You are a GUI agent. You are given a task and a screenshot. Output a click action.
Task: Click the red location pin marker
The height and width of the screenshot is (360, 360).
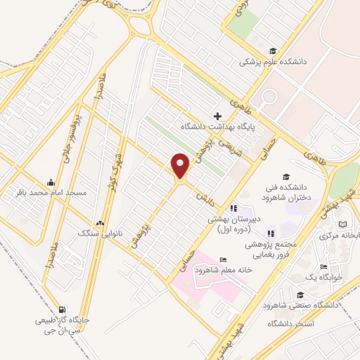181,166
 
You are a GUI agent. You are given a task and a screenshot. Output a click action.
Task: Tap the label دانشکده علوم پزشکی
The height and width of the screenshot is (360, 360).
274,62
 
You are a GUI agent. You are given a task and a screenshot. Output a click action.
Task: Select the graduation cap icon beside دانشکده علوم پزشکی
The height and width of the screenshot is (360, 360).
273,50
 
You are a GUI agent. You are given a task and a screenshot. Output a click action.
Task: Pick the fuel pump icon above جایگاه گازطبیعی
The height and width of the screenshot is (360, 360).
63,309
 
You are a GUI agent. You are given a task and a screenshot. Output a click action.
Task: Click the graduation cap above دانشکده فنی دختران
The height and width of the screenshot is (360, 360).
285,176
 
